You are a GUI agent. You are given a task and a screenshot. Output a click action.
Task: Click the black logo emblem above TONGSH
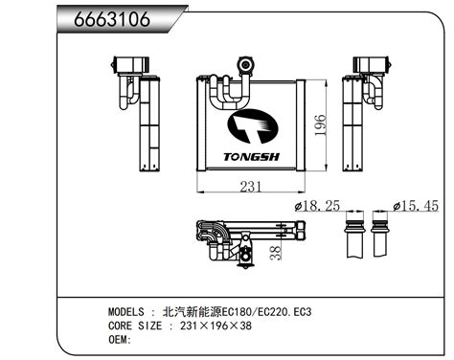(x=251, y=126)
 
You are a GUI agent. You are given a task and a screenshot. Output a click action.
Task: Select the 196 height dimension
(x=321, y=125)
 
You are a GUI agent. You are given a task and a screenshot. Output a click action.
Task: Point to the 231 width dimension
(x=250, y=187)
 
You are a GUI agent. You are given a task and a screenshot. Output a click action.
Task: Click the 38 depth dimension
(x=275, y=253)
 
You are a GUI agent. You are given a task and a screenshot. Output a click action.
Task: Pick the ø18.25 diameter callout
(x=316, y=206)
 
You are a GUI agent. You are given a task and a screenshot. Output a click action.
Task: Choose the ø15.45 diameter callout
(x=416, y=206)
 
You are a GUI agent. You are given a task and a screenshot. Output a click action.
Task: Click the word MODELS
(x=126, y=311)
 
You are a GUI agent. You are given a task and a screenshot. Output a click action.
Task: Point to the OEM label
(x=118, y=340)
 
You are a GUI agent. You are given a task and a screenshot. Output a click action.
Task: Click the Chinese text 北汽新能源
(x=192, y=311)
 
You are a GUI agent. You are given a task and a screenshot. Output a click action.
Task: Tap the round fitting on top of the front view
(x=245, y=65)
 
